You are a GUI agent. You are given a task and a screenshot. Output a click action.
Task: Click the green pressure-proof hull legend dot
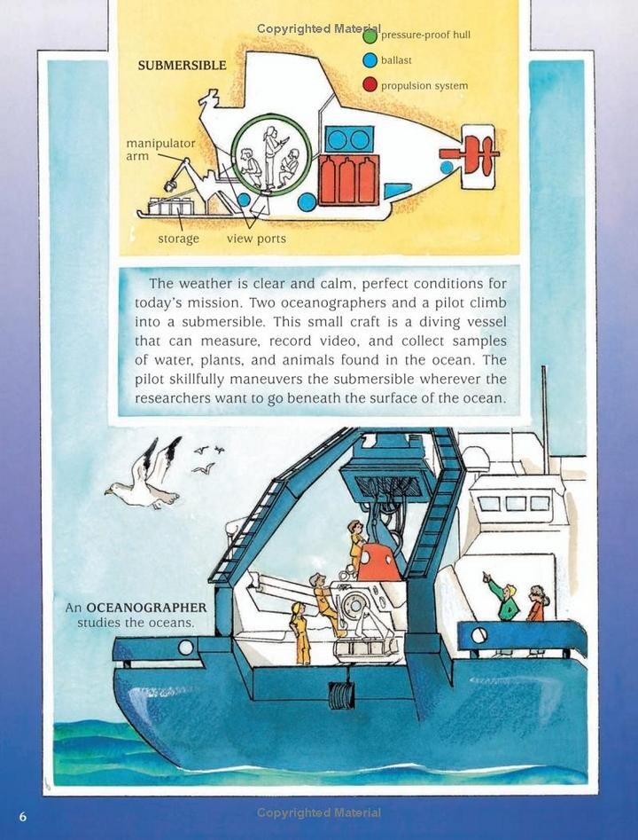(370, 36)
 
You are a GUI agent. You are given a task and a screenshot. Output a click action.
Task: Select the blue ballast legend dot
(370, 60)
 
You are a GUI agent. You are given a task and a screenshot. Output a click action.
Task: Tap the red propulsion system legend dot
(370, 84)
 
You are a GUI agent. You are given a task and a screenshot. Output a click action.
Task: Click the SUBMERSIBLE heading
(182, 66)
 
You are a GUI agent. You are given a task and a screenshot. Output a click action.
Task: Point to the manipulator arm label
(160, 150)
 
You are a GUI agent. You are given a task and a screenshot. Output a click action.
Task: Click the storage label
(178, 239)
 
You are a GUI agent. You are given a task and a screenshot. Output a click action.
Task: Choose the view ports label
(256, 239)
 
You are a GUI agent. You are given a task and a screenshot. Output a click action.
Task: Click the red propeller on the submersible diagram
(471, 154)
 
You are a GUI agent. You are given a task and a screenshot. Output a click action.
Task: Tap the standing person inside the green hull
(269, 156)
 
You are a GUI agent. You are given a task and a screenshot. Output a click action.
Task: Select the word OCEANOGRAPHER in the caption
(146, 608)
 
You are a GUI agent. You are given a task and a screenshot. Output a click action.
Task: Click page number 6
(22, 816)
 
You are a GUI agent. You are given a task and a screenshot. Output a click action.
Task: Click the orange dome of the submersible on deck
(379, 562)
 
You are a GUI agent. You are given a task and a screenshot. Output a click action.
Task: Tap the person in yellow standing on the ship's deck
(300, 633)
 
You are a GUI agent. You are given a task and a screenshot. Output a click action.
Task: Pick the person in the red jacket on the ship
(537, 604)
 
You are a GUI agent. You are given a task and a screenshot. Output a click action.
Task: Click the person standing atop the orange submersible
(356, 546)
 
